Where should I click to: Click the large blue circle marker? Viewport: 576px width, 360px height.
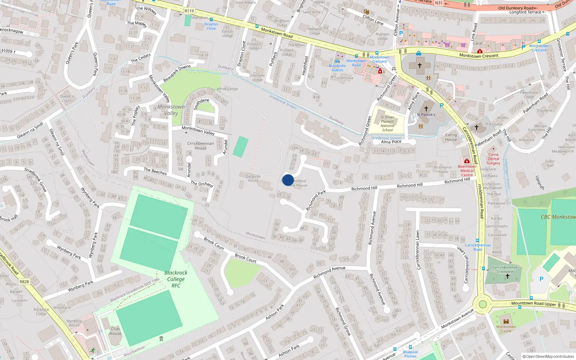click(x=288, y=180)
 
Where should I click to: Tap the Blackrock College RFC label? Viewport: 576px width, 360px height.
click(x=176, y=279)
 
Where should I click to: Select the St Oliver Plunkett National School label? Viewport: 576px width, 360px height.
click(x=387, y=123)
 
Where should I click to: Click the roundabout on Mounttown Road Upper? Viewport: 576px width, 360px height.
click(x=482, y=304)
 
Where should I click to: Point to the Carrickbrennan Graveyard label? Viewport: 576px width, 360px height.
click(x=505, y=269)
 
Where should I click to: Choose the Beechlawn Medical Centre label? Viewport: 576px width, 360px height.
click(x=467, y=171)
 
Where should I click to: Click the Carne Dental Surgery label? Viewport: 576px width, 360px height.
click(x=494, y=159)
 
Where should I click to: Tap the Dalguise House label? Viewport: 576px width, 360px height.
click(x=253, y=178)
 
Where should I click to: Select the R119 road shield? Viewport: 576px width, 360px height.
click(x=189, y=11)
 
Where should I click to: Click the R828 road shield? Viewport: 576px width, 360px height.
click(x=24, y=282)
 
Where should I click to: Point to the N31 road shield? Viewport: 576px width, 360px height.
click(x=438, y=3)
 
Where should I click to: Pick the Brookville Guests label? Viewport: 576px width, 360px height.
click(x=337, y=68)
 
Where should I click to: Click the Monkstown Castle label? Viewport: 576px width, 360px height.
click(x=506, y=329)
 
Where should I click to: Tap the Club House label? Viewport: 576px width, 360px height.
click(x=115, y=331)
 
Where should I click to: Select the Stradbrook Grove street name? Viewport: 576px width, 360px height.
click(x=36, y=179)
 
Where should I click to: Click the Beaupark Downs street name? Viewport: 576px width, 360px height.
click(x=177, y=73)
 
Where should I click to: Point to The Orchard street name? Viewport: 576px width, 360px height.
click(x=202, y=184)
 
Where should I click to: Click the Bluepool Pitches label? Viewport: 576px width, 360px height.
click(x=410, y=354)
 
